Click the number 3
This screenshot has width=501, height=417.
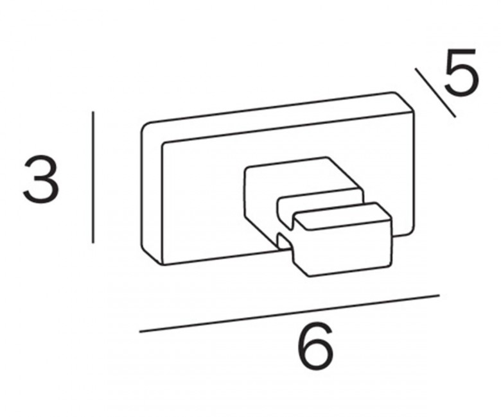[42, 179]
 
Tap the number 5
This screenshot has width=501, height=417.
[461, 72]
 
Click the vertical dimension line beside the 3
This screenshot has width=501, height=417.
[93, 177]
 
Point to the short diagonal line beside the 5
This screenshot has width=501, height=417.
[435, 92]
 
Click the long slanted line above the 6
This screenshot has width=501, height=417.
[290, 313]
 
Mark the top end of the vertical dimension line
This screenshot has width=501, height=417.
[93, 112]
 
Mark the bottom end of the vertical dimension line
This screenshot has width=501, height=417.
[93, 243]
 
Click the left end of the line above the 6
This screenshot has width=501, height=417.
[140, 332]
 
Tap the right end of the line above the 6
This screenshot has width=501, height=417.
[439, 295]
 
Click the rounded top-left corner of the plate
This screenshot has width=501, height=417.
[145, 126]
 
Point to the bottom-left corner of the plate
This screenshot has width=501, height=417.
[162, 264]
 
